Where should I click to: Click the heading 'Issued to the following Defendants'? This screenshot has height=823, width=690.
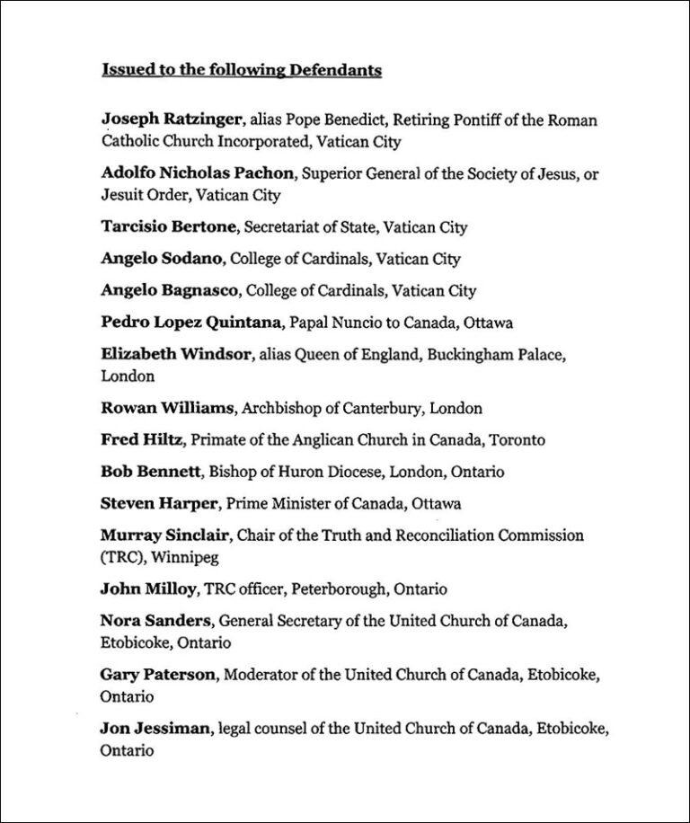(x=242, y=70)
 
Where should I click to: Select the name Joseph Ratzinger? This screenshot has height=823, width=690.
(x=171, y=119)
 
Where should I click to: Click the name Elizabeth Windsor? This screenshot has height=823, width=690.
(x=176, y=354)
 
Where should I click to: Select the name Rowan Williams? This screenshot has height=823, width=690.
(x=167, y=408)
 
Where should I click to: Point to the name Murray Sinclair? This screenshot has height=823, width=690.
(x=167, y=535)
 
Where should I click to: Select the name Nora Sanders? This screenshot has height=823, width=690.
(x=155, y=621)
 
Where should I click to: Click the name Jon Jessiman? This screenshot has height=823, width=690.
(x=155, y=729)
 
